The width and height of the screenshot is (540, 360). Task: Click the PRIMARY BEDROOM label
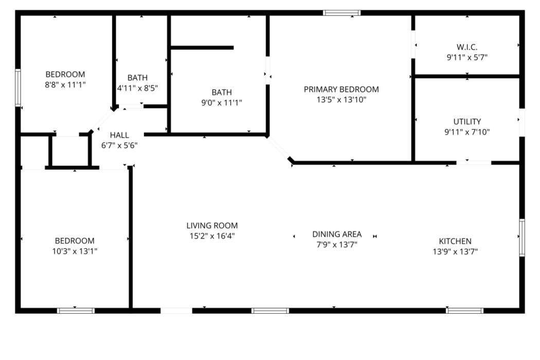(x=341, y=89)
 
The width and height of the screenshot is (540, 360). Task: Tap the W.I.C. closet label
(x=467, y=47)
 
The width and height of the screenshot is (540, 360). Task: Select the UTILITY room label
(x=467, y=121)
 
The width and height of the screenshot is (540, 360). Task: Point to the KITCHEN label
(x=455, y=241)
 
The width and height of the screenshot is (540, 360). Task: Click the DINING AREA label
(x=337, y=235)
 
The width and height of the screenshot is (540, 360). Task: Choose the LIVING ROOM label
(x=212, y=226)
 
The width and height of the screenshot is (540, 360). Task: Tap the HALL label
(x=119, y=135)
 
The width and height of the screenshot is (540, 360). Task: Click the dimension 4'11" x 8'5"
(x=137, y=88)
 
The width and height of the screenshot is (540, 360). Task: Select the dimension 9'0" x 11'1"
(x=222, y=103)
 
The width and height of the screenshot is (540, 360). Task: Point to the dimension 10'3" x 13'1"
(x=75, y=251)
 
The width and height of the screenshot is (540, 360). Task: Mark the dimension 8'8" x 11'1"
(x=65, y=85)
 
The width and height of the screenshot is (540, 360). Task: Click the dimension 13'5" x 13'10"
(x=341, y=100)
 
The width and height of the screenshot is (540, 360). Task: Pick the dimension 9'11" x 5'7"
(x=467, y=58)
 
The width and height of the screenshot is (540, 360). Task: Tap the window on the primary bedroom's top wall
(x=341, y=13)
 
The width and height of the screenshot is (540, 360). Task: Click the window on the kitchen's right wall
(x=522, y=238)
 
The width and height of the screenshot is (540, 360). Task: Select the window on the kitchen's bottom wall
(x=464, y=311)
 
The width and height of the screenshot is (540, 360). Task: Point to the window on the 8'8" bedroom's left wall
(x=18, y=87)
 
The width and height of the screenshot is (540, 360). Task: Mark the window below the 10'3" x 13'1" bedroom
(x=76, y=311)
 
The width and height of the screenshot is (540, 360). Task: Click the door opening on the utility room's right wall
(x=522, y=122)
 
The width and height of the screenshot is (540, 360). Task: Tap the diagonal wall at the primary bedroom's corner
(x=279, y=148)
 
